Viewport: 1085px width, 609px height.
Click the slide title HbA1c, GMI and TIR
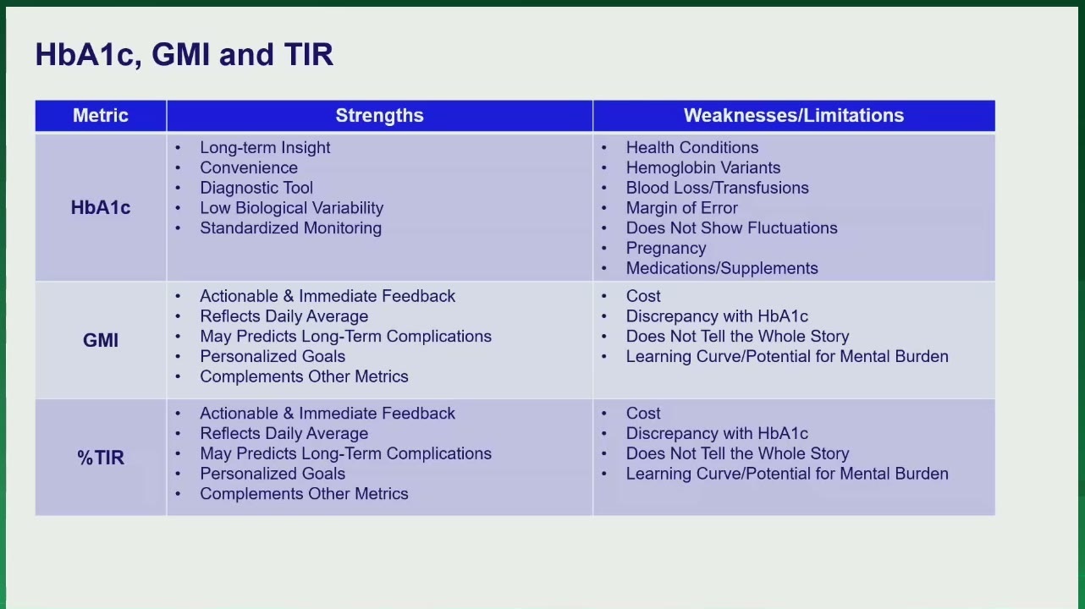[x=184, y=54]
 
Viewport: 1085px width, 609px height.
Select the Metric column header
[x=100, y=115]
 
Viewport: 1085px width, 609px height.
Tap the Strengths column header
[x=379, y=115]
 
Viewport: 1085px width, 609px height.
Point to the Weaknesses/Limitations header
[x=793, y=115]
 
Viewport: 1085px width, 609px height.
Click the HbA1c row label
[x=100, y=208]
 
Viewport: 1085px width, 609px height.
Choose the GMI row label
[x=100, y=340]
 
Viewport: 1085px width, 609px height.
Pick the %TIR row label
[x=100, y=458]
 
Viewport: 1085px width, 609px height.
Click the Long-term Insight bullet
[x=265, y=148]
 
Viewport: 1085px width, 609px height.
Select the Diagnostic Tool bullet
[x=256, y=188]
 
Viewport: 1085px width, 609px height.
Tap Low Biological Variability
[x=292, y=208]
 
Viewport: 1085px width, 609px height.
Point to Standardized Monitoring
[x=290, y=228]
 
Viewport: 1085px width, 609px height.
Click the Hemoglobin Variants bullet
[x=702, y=168]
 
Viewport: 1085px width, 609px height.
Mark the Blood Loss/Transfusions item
[x=717, y=188]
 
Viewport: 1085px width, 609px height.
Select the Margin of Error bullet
[x=681, y=208]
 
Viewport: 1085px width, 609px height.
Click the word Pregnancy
[x=665, y=249]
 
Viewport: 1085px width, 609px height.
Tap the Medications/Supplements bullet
[x=722, y=268]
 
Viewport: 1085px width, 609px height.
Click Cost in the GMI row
[x=642, y=296]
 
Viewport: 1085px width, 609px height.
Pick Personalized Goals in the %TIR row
[x=273, y=474]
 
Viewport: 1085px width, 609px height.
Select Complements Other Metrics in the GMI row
[x=304, y=376]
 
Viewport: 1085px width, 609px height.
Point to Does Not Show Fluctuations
[x=731, y=228]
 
